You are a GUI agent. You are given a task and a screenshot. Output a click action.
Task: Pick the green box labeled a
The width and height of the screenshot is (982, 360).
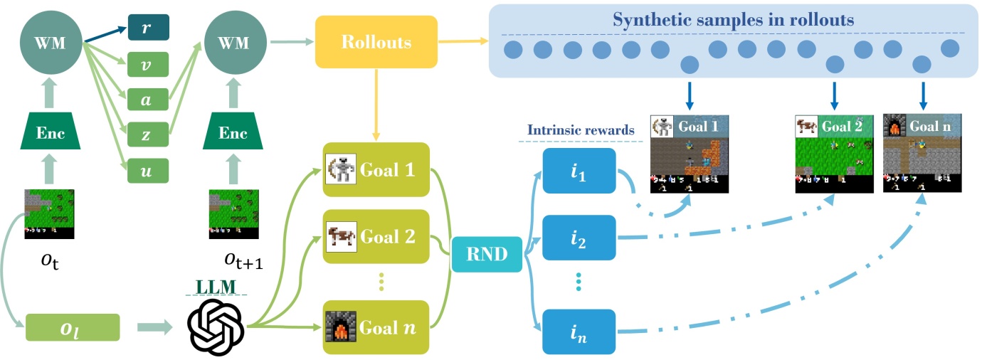tap(147, 100)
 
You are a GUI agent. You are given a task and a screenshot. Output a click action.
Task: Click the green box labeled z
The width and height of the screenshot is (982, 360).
tap(147, 134)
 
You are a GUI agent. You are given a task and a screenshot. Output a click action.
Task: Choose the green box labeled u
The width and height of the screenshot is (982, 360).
tap(147, 170)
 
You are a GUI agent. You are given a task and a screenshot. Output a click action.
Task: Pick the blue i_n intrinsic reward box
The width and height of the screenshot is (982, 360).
tap(578, 331)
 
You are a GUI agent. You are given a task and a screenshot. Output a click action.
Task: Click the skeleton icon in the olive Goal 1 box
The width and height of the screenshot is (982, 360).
tap(339, 171)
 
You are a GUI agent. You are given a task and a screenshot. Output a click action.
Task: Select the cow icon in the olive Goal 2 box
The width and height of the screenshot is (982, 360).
tap(339, 235)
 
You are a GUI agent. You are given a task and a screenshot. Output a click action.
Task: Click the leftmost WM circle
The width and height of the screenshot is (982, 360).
tap(50, 42)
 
